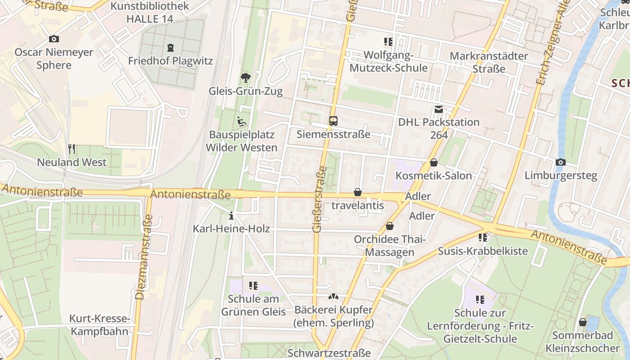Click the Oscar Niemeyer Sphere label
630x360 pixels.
click(54, 58)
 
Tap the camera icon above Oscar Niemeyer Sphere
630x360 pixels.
click(54, 39)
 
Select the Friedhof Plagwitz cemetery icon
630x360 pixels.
click(171, 47)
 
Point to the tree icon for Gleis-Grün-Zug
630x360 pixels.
click(246, 78)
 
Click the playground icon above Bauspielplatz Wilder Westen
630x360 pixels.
click(242, 121)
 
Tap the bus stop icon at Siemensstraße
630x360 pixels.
click(333, 121)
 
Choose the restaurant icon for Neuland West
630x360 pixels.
click(72, 148)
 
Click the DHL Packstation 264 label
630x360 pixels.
click(439, 128)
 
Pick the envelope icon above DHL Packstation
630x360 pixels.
click(439, 109)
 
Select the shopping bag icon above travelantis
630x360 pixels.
click(358, 192)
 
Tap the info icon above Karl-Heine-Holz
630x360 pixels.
click(231, 216)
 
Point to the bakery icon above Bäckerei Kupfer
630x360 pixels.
click(333, 297)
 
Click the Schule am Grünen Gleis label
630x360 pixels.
click(253, 305)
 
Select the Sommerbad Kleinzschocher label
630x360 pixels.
click(582, 342)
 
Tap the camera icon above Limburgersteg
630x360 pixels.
click(561, 162)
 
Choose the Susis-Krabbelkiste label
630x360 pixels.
click(483, 251)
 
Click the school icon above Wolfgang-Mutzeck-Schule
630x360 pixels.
click(388, 42)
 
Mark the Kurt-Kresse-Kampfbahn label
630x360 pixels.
click(99, 325)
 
